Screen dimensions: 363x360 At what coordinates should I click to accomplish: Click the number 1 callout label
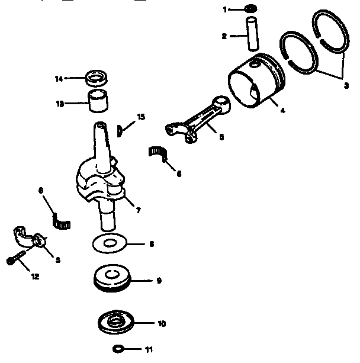(224, 9)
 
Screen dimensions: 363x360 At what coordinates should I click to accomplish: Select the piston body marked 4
(255, 82)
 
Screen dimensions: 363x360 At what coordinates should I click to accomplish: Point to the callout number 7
(137, 210)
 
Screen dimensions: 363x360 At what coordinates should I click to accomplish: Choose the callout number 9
(159, 281)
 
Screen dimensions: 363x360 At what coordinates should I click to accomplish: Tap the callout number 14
(59, 78)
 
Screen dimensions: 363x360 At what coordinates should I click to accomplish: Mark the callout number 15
(140, 118)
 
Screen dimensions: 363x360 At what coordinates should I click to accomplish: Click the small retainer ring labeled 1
(250, 9)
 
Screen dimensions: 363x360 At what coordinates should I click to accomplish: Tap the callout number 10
(161, 323)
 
